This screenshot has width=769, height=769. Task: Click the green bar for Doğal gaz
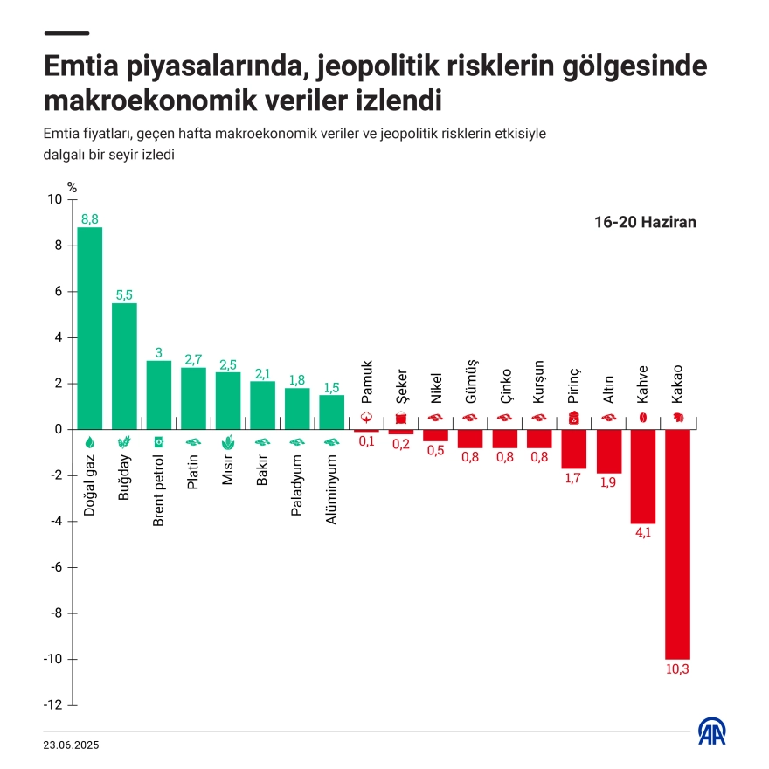[x=90, y=328]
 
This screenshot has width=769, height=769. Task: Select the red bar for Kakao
[x=677, y=544]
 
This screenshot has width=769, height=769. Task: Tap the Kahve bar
[x=643, y=476]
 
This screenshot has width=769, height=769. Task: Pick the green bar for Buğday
[x=124, y=365]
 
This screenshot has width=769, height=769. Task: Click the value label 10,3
[x=677, y=669]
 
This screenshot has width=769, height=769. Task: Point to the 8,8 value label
[x=90, y=218]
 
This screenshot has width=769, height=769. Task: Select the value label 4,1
[x=643, y=533]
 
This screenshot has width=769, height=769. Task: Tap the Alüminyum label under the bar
[x=331, y=490]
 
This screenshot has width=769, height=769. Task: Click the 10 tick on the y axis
[x=55, y=199]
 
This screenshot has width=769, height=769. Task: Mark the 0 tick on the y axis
[x=58, y=429]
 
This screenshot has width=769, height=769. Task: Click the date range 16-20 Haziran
[x=645, y=222]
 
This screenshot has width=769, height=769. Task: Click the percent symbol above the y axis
[x=73, y=186]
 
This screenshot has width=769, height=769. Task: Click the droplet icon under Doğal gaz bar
[x=90, y=441]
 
